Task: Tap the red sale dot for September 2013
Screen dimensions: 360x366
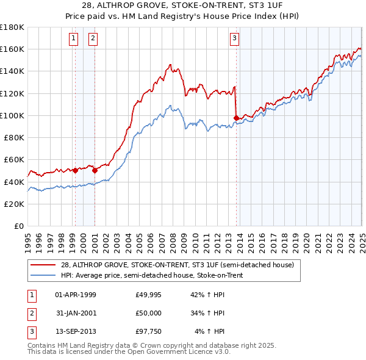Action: pyautogui.click(x=236, y=118)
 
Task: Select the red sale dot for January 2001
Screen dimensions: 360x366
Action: pyautogui.click(x=95, y=171)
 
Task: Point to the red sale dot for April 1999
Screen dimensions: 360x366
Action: pyautogui.click(x=75, y=171)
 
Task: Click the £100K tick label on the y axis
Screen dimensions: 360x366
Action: pyautogui.click(x=12, y=115)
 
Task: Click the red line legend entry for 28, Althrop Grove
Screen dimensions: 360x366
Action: pyautogui.click(x=178, y=265)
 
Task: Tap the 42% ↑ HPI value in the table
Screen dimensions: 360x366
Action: pyautogui.click(x=207, y=295)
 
